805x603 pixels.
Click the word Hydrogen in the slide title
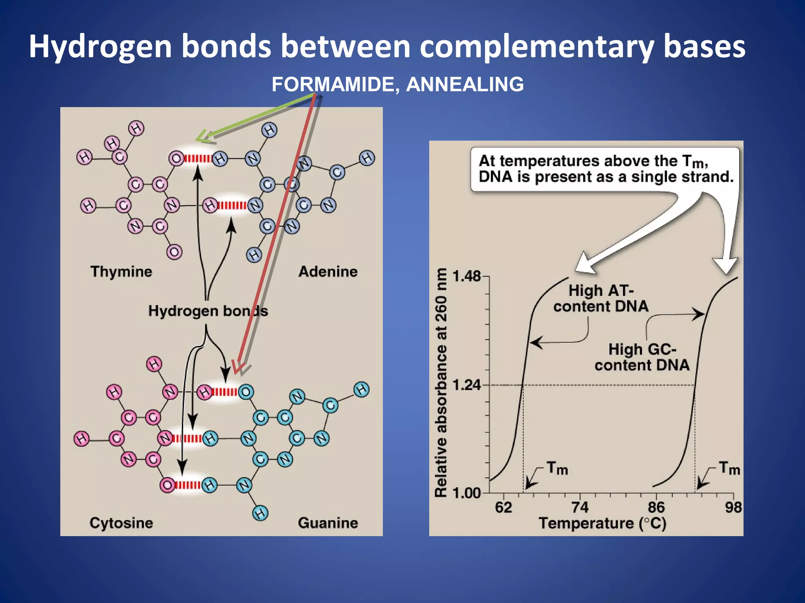point(100,47)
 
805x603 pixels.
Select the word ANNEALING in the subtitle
point(465,84)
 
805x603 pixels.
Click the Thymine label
point(121,272)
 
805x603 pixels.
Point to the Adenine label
point(328,272)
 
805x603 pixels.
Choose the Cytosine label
point(121,523)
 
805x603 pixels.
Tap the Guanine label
point(328,523)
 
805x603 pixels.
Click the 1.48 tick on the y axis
point(467,276)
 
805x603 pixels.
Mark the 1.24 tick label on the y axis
point(467,385)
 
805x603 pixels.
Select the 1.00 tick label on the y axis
point(467,493)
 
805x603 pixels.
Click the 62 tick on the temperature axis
point(504,508)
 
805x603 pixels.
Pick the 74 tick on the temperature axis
point(580,508)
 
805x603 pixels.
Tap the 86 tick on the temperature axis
point(656,508)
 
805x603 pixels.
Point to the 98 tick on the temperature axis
point(733,508)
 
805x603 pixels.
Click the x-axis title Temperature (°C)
point(602,524)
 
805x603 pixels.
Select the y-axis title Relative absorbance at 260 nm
point(441,383)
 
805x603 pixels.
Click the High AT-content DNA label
point(601,298)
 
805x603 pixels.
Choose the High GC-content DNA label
point(642,357)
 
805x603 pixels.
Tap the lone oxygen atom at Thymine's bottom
point(174,252)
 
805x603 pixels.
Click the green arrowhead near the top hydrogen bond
point(202,137)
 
